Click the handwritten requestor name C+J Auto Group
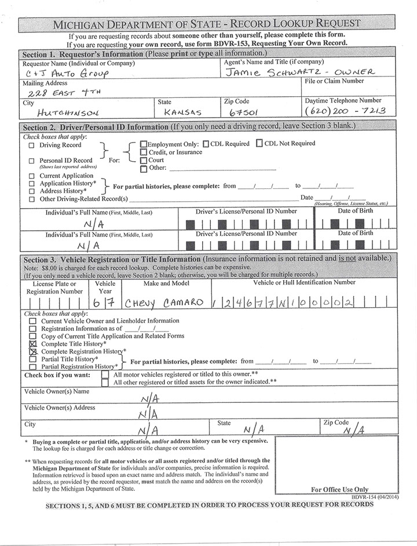[67, 74]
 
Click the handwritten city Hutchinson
[68, 112]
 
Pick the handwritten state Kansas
[182, 111]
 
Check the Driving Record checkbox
[32, 145]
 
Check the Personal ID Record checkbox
[32, 161]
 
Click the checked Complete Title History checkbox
[33, 344]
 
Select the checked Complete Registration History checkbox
[33, 351]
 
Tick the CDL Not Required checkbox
[259, 143]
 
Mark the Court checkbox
[143, 160]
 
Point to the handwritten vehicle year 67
[105, 303]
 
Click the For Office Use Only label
[339, 489]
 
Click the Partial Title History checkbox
[33, 359]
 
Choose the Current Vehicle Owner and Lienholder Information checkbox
[33, 321]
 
